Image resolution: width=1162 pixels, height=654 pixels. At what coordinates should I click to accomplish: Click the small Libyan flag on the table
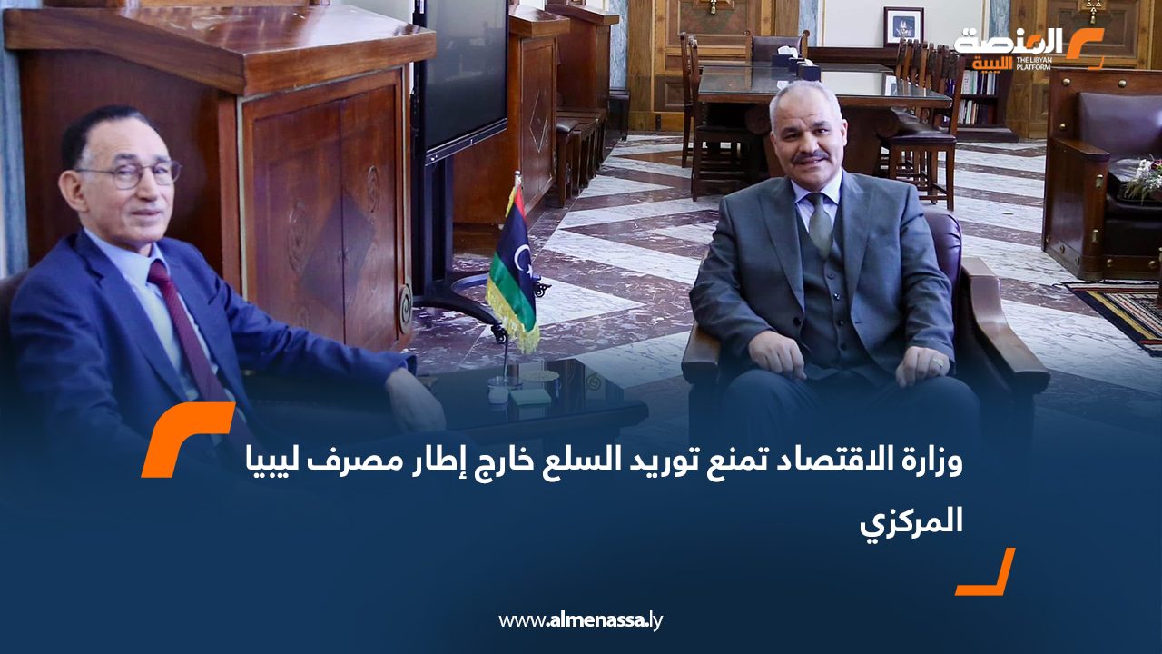click(x=513, y=263)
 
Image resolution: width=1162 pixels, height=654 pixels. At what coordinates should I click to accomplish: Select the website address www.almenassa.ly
click(x=581, y=620)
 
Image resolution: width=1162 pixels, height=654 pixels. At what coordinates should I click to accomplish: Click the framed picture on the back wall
click(x=903, y=25)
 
